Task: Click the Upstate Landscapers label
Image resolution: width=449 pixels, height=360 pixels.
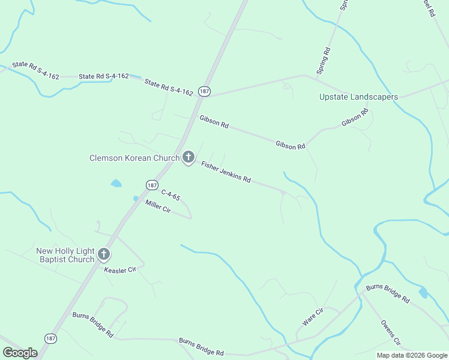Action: point(358,97)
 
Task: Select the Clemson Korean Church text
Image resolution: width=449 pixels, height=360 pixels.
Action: point(134,158)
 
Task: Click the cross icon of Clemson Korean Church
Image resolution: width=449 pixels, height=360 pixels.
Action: point(188,158)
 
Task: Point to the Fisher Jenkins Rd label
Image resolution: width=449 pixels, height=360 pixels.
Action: point(226,172)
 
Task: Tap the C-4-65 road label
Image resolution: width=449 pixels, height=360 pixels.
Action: point(170,194)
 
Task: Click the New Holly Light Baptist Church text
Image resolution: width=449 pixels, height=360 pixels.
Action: point(65,255)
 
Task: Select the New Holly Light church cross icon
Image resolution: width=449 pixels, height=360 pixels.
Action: point(104,255)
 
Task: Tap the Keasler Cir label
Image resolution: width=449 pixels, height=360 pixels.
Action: point(121,270)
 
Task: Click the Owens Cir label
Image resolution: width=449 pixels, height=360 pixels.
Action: point(391,333)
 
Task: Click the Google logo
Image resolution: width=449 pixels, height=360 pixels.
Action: point(20,353)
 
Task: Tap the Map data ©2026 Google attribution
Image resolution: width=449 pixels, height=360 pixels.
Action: point(412,355)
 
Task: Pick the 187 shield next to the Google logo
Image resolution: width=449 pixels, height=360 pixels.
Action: point(49,338)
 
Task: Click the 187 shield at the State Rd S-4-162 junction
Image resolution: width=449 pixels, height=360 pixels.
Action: point(205,91)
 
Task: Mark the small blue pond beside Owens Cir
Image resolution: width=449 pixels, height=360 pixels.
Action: point(423,292)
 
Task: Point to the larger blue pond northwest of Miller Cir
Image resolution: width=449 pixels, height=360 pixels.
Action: point(116,183)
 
